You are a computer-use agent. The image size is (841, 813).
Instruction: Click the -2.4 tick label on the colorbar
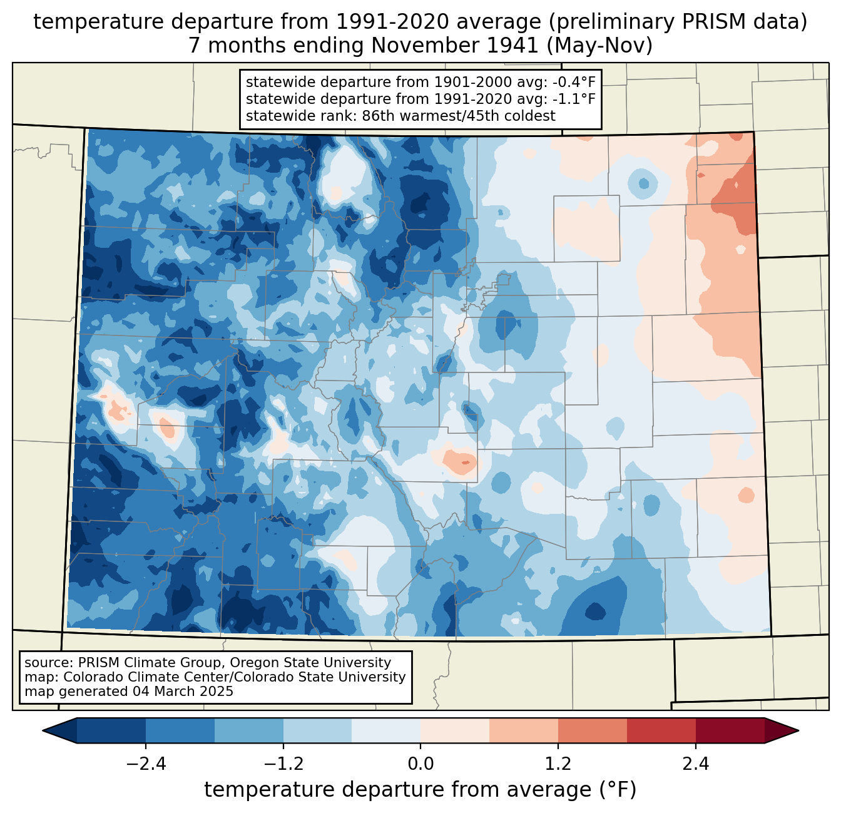tap(146, 764)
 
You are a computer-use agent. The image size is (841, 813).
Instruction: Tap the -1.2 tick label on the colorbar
tap(283, 764)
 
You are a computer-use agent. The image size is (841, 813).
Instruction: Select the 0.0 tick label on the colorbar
tap(421, 764)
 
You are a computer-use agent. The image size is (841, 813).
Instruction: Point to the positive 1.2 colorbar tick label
tap(558, 764)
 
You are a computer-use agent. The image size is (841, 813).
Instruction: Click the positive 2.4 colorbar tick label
tap(695, 764)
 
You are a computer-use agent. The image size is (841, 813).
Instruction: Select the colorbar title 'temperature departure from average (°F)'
tap(420, 790)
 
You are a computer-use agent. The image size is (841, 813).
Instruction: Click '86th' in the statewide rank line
tap(377, 116)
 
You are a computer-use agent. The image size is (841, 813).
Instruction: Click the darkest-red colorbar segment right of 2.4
tap(730, 730)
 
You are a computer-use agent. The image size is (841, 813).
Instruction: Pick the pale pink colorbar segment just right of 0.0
tap(455, 730)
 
